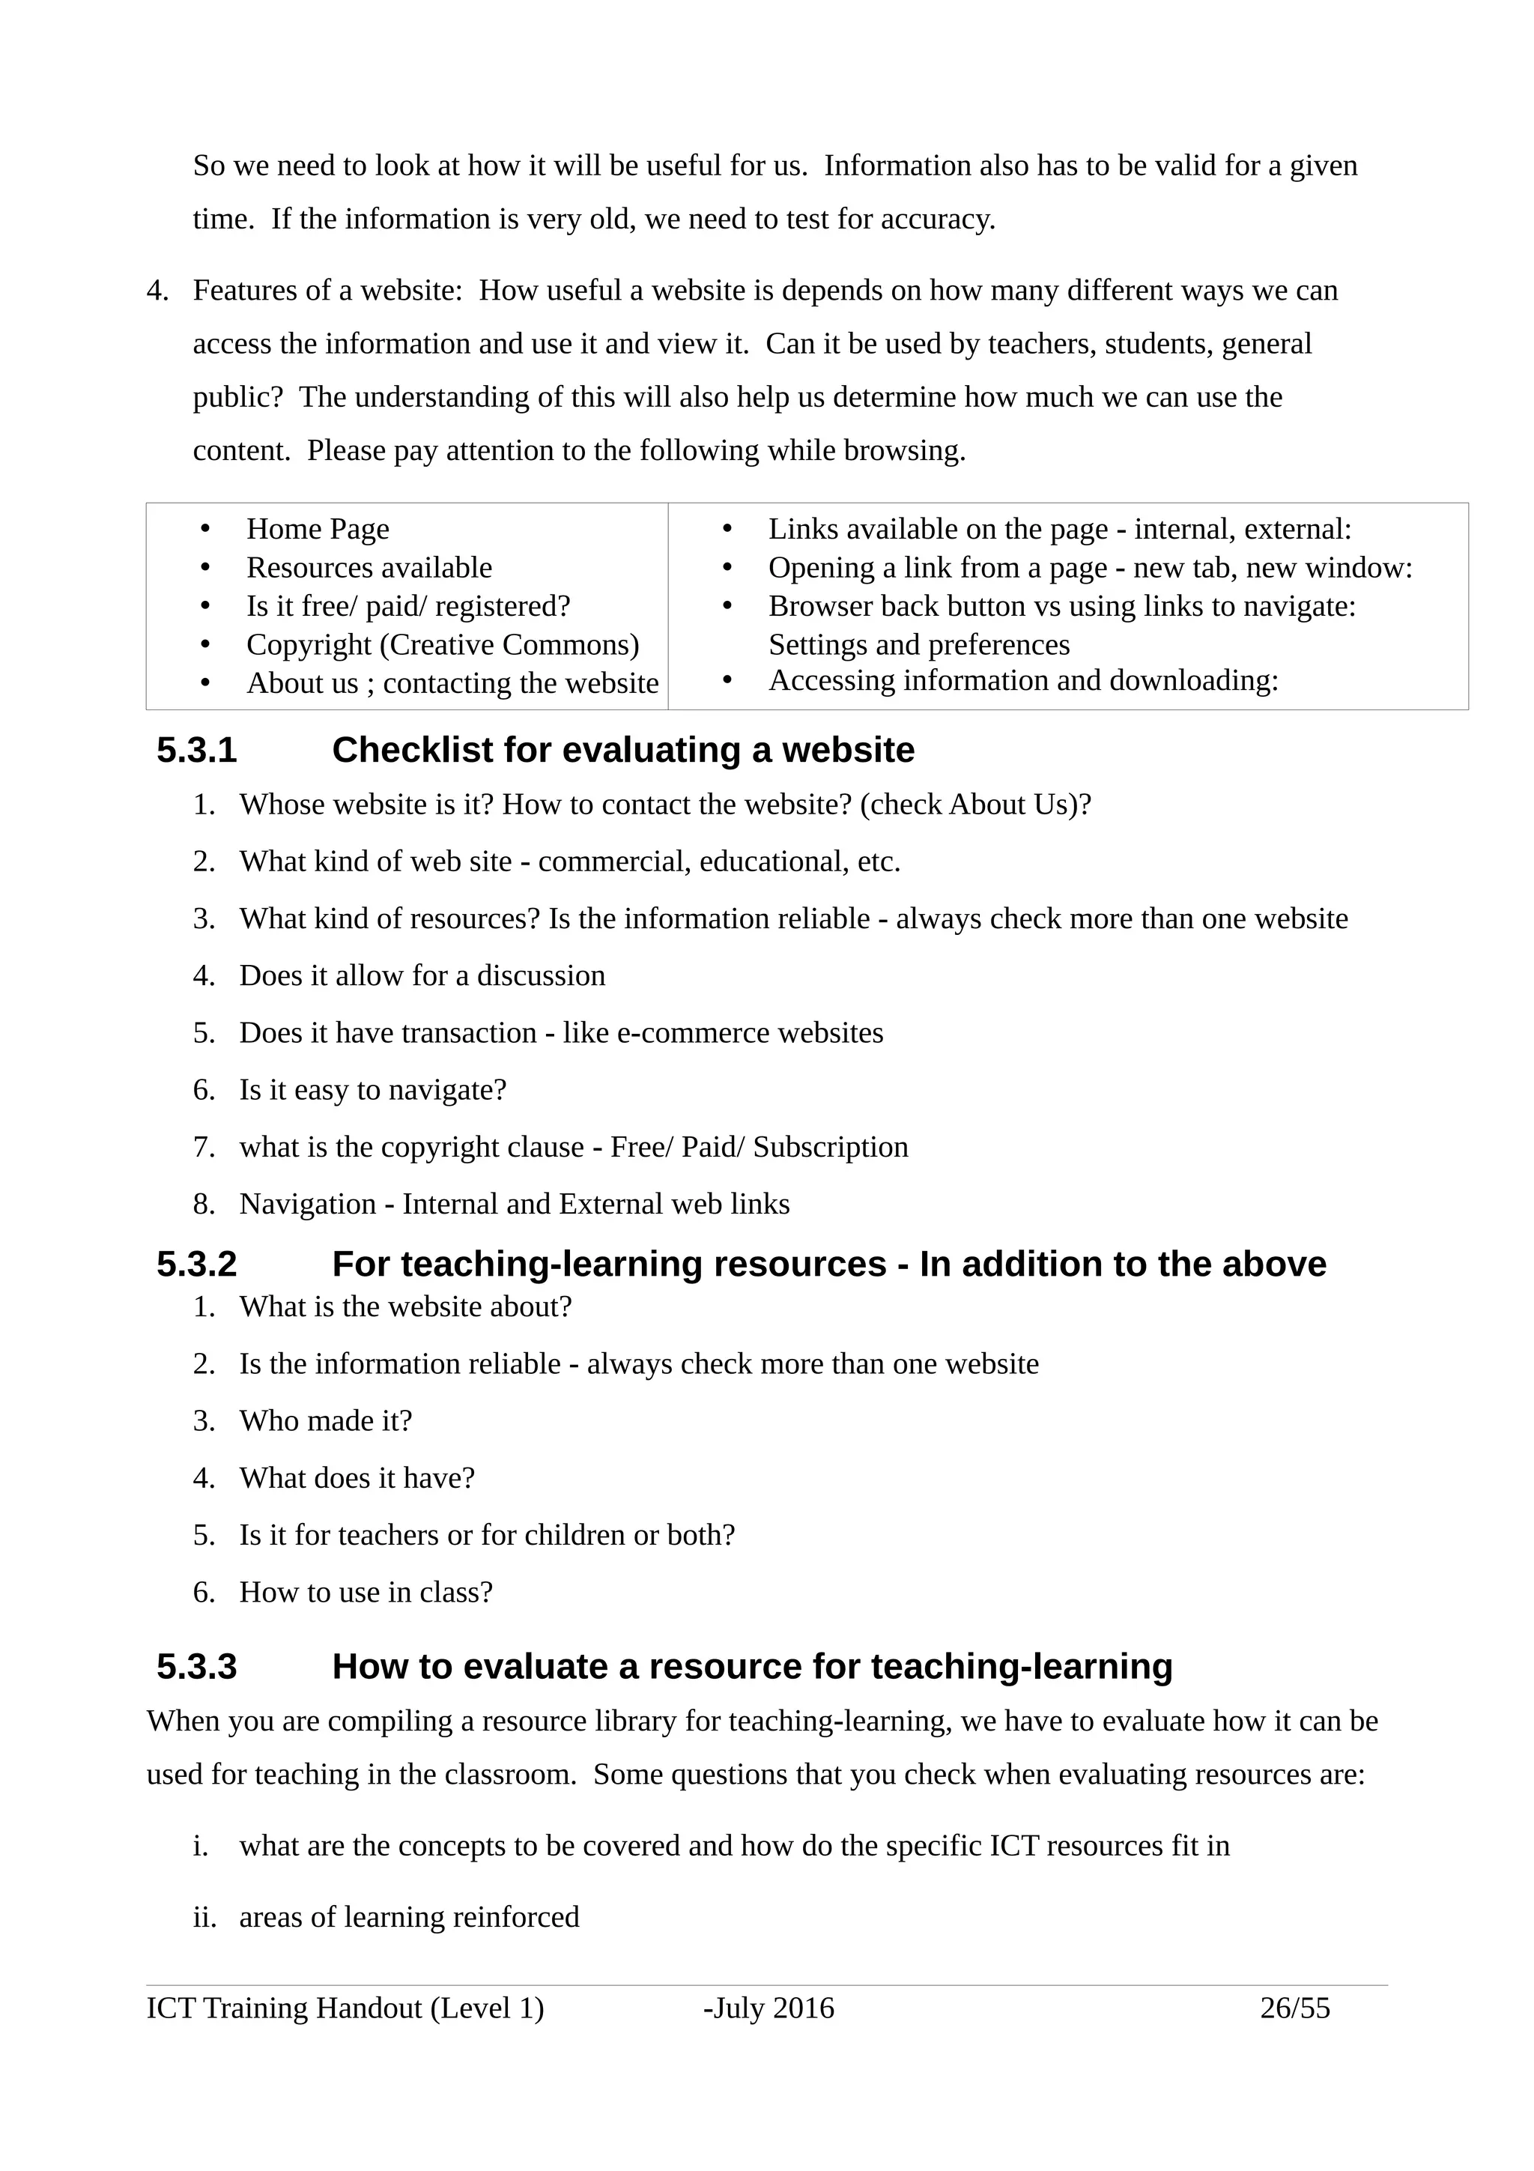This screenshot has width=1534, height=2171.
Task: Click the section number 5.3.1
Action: [196, 751]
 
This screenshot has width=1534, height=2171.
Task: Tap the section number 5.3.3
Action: [196, 1667]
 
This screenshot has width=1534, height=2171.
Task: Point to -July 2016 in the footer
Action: [768, 2008]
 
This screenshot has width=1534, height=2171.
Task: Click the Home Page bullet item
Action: [318, 530]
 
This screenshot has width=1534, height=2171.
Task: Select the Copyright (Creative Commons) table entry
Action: [443, 645]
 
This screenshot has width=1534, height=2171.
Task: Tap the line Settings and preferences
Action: [919, 645]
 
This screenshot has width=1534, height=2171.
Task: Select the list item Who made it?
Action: [325, 1421]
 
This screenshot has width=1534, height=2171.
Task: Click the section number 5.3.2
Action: [196, 1265]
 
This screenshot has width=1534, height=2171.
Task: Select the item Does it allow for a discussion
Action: [422, 976]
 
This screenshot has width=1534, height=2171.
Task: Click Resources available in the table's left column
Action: [369, 569]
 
